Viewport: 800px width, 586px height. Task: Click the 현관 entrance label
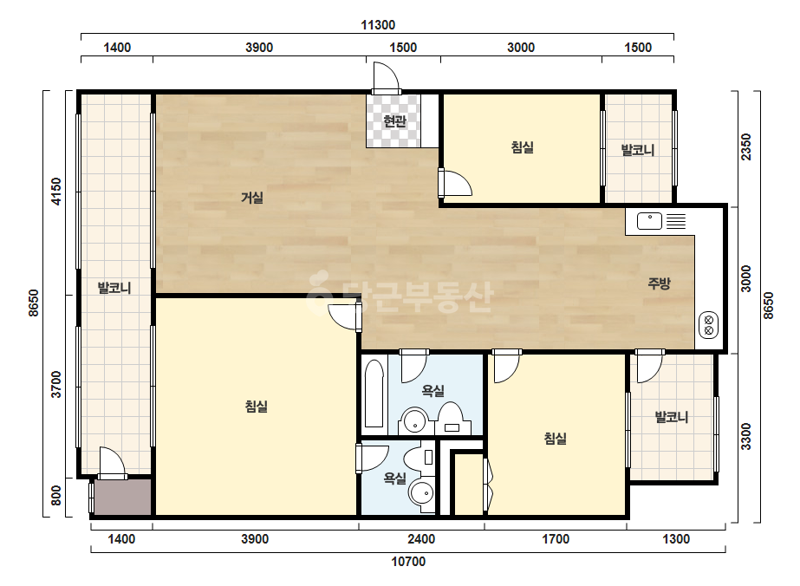point(394,121)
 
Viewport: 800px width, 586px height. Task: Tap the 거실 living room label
point(252,197)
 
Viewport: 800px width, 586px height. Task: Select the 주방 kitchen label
point(659,283)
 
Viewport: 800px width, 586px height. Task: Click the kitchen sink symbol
point(649,221)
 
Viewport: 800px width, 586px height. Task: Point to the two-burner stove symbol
point(708,326)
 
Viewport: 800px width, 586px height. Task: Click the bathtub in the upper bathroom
point(374,394)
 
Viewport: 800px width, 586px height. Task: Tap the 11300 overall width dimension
point(378,24)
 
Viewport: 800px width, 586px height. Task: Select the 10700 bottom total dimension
point(408,562)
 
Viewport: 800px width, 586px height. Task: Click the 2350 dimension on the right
point(746,146)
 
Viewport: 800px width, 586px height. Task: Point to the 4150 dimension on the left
point(56,192)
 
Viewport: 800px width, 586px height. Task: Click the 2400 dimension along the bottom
point(421,539)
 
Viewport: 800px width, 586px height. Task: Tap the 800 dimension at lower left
point(56,495)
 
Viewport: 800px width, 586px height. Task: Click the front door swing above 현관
point(387,78)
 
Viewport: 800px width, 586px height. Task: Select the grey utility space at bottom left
point(122,498)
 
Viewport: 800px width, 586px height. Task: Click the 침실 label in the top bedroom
point(522,147)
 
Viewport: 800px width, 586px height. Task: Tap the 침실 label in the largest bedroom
point(257,407)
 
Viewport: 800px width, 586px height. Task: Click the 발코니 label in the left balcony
point(114,288)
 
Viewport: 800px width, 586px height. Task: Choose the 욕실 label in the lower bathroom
point(395,479)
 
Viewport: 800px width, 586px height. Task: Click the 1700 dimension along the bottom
point(555,539)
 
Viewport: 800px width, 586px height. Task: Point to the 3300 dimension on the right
point(746,436)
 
